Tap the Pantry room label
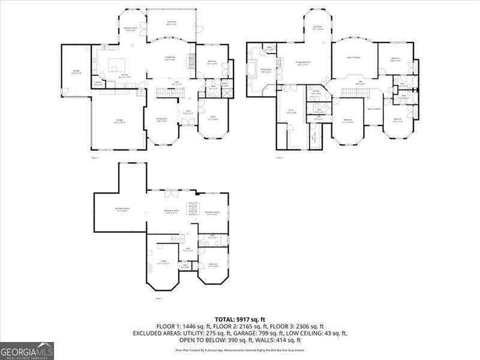(x=98, y=84)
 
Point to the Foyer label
(x=187, y=112)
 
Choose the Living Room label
(x=170, y=58)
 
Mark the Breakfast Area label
(x=131, y=29)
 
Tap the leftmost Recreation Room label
(x=122, y=210)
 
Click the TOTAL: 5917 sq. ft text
(x=240, y=319)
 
